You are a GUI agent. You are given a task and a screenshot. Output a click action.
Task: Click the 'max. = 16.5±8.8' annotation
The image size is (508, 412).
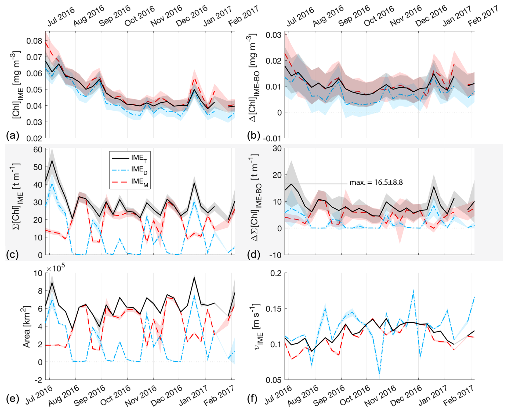tap(376, 183)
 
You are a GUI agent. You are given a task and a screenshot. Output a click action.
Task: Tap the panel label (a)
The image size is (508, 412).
tap(12, 136)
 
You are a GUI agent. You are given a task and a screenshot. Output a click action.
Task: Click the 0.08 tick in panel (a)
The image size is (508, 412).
tap(34, 41)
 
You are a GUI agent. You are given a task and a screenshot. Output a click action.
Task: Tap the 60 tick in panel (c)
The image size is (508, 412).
tap(38, 150)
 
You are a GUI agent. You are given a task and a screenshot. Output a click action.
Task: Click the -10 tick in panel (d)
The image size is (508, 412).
tap(275, 255)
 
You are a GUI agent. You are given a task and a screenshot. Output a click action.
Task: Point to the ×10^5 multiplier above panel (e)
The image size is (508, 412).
tap(56, 268)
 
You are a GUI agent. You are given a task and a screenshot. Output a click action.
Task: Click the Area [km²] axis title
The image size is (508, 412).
tap(26, 326)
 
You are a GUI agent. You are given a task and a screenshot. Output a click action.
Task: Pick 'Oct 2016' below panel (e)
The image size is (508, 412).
tap(115, 395)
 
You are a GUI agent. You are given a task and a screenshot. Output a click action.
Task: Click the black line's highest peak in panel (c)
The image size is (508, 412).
tap(52, 161)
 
